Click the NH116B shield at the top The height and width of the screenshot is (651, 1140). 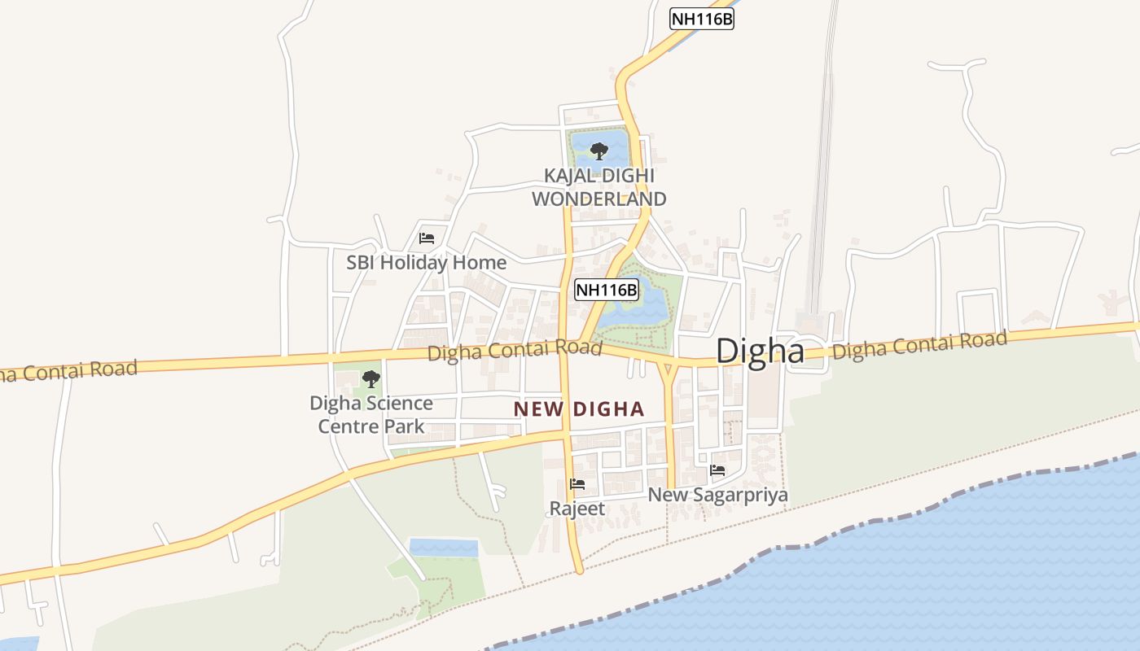(x=702, y=19)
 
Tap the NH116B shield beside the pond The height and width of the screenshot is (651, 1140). (x=607, y=290)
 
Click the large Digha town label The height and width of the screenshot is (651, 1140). (x=760, y=351)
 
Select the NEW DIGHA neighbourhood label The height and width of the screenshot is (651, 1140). (x=579, y=409)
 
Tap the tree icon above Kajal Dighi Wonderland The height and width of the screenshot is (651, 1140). (x=599, y=151)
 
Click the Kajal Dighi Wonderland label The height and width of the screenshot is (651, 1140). (x=599, y=187)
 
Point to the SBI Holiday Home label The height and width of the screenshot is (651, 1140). (x=426, y=263)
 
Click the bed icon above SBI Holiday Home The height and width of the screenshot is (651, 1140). (x=426, y=238)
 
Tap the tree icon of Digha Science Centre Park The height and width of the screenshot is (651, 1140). (x=370, y=378)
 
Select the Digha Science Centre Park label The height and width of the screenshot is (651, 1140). (x=371, y=414)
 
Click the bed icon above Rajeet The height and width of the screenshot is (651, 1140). (x=577, y=484)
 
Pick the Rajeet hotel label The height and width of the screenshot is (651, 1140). (x=577, y=509)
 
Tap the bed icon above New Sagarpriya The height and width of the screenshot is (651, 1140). (x=717, y=470)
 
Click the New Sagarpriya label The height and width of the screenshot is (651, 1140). (x=717, y=495)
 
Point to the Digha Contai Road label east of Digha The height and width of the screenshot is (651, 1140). (x=919, y=345)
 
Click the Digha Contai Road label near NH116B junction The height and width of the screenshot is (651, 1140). (x=515, y=351)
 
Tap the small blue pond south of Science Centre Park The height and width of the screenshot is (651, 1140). (x=443, y=547)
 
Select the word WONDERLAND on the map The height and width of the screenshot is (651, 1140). (x=599, y=199)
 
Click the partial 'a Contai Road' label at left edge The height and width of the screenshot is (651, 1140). (x=68, y=371)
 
